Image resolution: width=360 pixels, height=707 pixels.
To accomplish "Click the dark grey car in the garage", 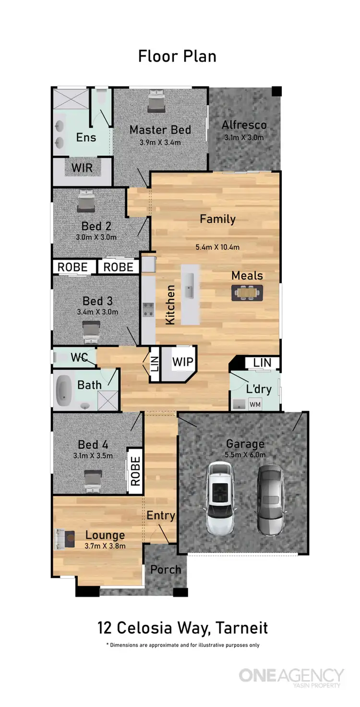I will pyautogui.click(x=270, y=500).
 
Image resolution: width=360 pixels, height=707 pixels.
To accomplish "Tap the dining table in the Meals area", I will pyautogui.click(x=247, y=292).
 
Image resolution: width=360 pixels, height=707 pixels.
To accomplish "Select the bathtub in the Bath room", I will pyautogui.click(x=63, y=390).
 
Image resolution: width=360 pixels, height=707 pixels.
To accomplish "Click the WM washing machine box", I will pyautogui.click(x=255, y=404).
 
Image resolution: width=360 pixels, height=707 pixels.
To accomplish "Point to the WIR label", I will pyautogui.click(x=82, y=169).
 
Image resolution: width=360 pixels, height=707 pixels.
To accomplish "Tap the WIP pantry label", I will pyautogui.click(x=182, y=362).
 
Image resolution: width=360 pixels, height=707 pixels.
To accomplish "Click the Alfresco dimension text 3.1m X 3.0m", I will pyautogui.click(x=244, y=137).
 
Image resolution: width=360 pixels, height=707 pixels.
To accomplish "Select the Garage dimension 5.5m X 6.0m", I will pyautogui.click(x=245, y=455).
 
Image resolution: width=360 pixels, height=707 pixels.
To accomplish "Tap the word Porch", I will pyautogui.click(x=166, y=570).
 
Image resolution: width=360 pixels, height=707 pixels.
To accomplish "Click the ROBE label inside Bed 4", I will pyautogui.click(x=135, y=471).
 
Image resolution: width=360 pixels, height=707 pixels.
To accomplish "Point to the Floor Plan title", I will pyautogui.click(x=177, y=56).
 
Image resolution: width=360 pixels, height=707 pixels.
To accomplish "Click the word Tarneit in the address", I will pyautogui.click(x=241, y=627).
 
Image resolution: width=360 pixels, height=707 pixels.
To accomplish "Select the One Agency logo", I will pyautogui.click(x=291, y=676).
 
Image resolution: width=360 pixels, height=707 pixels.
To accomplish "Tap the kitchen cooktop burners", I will pyautogui.click(x=147, y=310).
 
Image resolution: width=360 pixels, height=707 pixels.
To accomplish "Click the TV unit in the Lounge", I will pyautogui.click(x=63, y=539).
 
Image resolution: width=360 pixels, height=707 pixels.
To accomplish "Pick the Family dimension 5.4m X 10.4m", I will pyautogui.click(x=217, y=247).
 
